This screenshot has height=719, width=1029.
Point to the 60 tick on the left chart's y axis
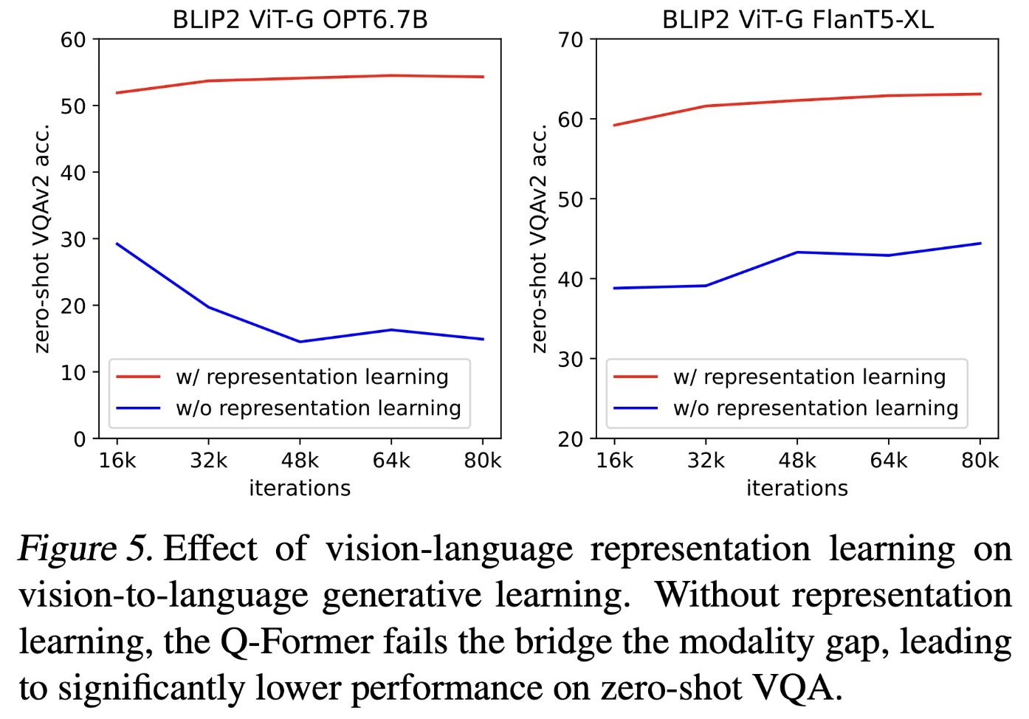(x=74, y=39)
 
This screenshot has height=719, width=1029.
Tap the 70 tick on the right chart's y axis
(x=571, y=39)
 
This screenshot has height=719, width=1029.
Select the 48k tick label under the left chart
(x=300, y=461)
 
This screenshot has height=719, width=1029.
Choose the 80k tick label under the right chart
(x=980, y=461)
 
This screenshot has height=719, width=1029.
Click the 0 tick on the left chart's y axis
(x=80, y=439)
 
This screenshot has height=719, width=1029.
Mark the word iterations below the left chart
(x=300, y=488)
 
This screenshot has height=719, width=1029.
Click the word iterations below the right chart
(x=797, y=488)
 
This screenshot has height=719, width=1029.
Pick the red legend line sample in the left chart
(x=138, y=376)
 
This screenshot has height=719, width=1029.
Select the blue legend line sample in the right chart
(x=636, y=408)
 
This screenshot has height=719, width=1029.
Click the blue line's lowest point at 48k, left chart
(x=300, y=342)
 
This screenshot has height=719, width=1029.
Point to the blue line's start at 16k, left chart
(x=117, y=244)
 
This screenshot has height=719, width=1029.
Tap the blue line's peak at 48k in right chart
(x=797, y=252)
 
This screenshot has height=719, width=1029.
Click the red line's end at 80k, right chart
(x=980, y=94)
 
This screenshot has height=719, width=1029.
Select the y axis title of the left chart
(x=42, y=238)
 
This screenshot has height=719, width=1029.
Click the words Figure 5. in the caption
(x=85, y=549)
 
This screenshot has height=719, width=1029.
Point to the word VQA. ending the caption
(x=797, y=688)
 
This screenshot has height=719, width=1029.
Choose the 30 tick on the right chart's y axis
(x=571, y=359)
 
